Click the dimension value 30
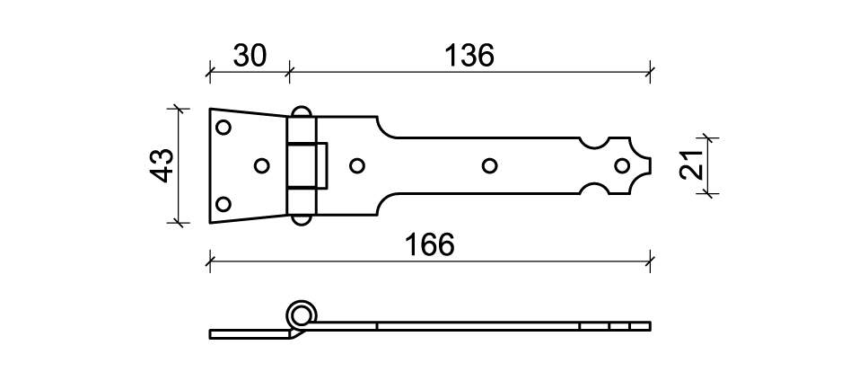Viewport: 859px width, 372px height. (x=250, y=56)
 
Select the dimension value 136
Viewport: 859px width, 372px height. (x=469, y=56)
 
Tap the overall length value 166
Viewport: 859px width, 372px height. (x=429, y=244)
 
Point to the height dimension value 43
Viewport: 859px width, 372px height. (x=162, y=165)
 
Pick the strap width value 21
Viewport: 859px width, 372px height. (x=691, y=164)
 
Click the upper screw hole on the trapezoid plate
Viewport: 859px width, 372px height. (x=223, y=128)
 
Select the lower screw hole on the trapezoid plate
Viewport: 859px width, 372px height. (x=223, y=204)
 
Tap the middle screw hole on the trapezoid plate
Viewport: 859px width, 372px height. (x=262, y=165)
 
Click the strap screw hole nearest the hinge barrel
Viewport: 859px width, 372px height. (x=357, y=165)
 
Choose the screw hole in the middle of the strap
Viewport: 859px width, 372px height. (x=489, y=165)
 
